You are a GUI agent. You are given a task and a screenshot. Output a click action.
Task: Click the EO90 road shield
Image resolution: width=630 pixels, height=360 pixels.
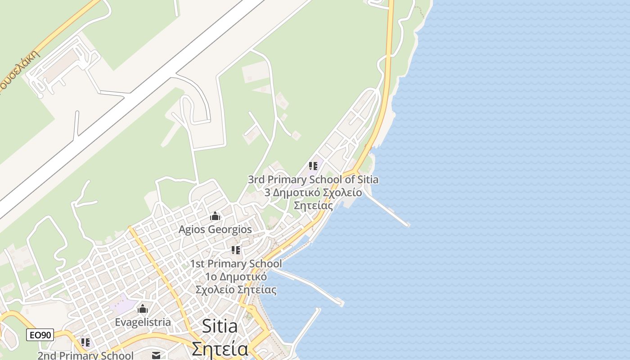pos(40,335)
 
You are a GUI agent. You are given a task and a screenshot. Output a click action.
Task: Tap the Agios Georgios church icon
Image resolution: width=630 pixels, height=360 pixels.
pos(215,216)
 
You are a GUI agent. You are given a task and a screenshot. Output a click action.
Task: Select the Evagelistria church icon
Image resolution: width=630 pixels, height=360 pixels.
pos(143,309)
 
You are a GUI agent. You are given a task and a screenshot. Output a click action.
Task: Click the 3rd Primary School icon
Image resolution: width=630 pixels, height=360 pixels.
pos(313,166)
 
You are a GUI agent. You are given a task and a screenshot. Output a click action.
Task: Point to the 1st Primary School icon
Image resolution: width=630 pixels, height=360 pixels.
pos(236,250)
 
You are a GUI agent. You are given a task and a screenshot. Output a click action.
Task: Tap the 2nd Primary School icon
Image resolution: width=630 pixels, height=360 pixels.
pos(85,342)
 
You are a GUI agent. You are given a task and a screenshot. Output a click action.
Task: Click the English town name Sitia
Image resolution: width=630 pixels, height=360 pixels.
pos(220,326)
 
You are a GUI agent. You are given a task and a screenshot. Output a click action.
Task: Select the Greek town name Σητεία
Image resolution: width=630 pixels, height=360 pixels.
pos(220,349)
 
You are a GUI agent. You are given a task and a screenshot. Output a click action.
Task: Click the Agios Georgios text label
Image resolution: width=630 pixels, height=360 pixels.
pos(215,229)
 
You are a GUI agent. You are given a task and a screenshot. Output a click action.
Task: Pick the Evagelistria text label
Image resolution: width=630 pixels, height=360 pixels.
pos(143,322)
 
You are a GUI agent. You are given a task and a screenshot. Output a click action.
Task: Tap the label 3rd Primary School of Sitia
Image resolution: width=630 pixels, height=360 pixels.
pos(313,180)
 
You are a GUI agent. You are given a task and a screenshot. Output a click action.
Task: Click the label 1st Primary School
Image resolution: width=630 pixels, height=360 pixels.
pos(236,264)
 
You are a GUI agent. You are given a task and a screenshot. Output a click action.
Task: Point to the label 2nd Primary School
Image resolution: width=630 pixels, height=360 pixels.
pos(85,355)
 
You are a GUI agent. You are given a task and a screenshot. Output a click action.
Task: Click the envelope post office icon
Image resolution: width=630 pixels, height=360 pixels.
pos(156,355)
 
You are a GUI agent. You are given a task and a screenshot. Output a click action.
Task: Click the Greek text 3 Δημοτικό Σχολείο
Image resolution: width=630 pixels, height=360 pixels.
pos(313,193)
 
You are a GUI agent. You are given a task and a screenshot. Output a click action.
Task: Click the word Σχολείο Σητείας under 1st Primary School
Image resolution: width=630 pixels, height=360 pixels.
pos(236,289)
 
